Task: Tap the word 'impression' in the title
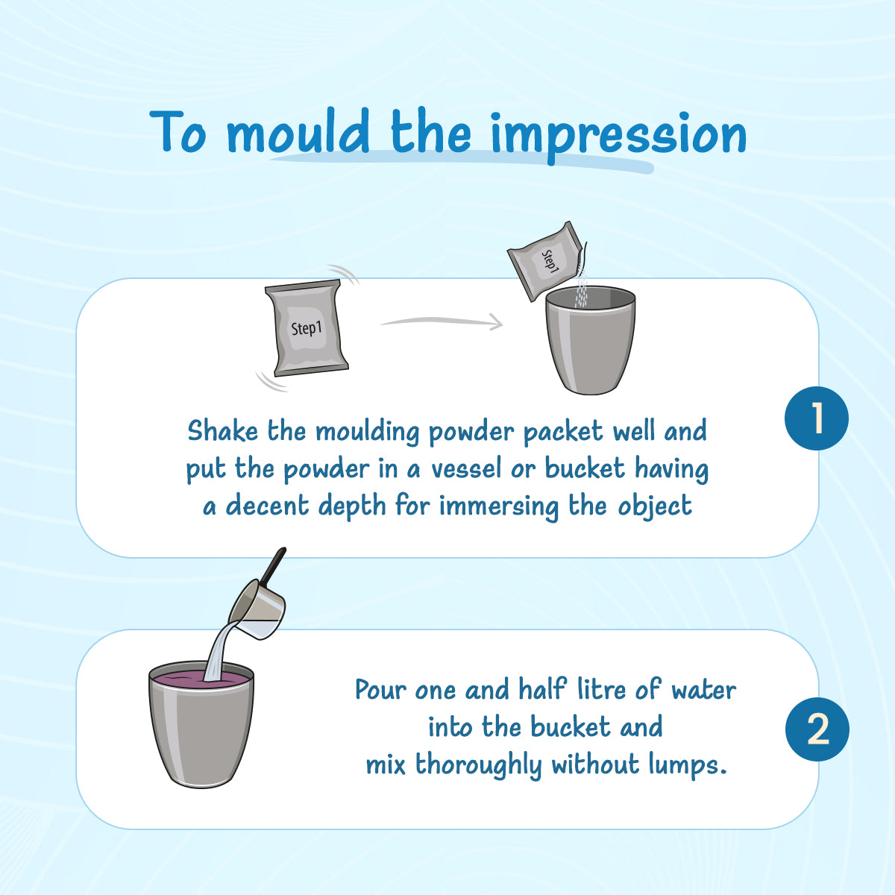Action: coord(618,136)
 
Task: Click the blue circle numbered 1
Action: coord(817,418)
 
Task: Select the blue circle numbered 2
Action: coord(817,729)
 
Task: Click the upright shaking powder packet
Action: coord(307,328)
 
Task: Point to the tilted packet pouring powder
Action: coord(546,260)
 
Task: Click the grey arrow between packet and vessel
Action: coord(442,321)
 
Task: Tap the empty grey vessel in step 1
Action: coord(590,340)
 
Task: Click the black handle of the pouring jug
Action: coord(273,565)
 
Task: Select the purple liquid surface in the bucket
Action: coord(201,679)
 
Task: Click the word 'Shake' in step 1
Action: coord(222,430)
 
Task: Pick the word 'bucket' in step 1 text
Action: coord(585,468)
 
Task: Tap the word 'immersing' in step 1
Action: coord(499,506)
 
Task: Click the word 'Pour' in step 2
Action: coord(381,690)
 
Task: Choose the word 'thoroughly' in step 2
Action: coord(478,765)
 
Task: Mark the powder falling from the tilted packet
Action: coord(581,290)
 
